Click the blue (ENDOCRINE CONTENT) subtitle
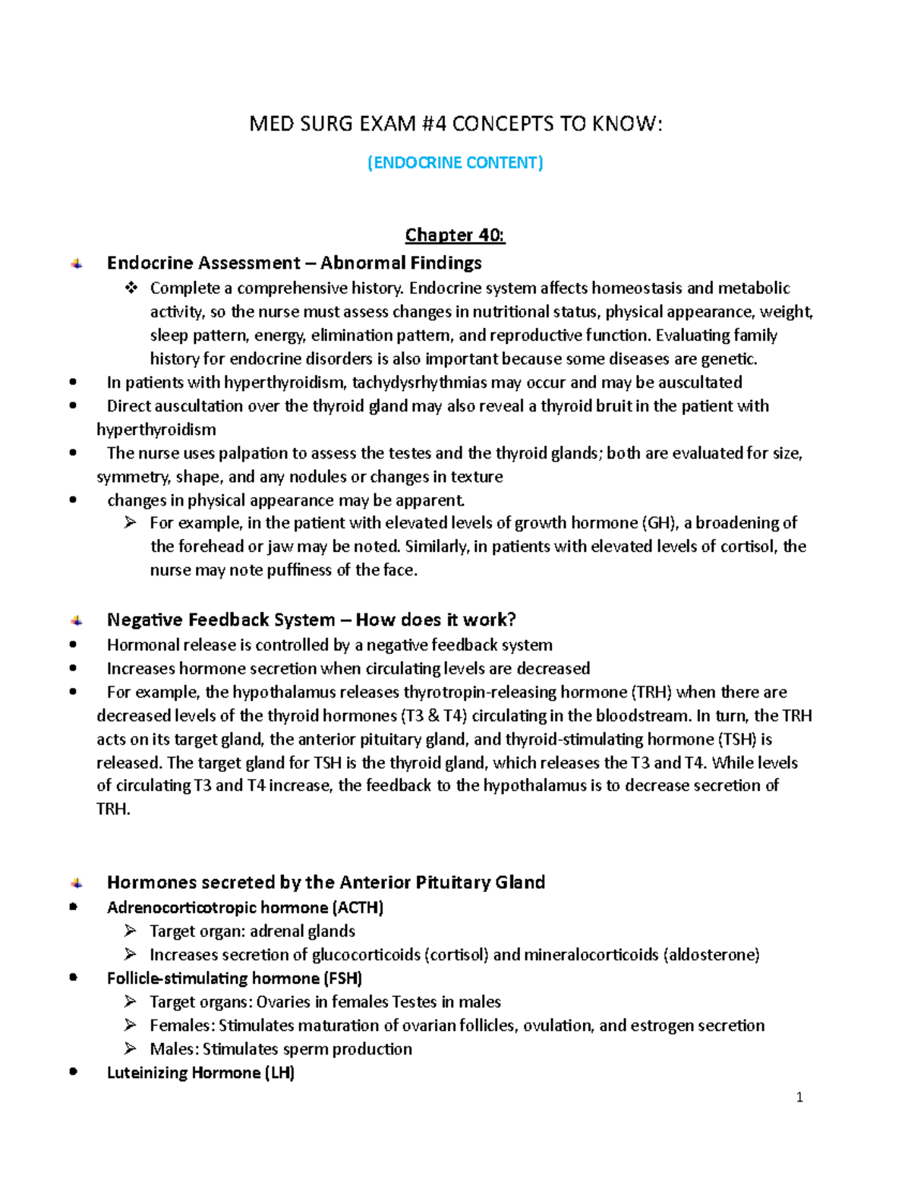pyautogui.click(x=455, y=162)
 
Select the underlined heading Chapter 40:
pyautogui.click(x=455, y=235)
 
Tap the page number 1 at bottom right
pyautogui.click(x=799, y=1096)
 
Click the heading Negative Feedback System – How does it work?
pyautogui.click(x=311, y=619)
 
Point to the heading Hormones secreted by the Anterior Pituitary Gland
pyautogui.click(x=326, y=882)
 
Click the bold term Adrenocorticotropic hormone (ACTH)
pyautogui.click(x=245, y=907)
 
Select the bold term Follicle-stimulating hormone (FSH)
pyautogui.click(x=235, y=978)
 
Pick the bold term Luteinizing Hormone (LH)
pyautogui.click(x=200, y=1072)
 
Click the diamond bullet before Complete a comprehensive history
pyautogui.click(x=131, y=288)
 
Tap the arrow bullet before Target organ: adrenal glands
pyautogui.click(x=131, y=931)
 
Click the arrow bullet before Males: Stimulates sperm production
pyautogui.click(x=131, y=1048)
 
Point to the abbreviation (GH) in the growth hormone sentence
pyautogui.click(x=659, y=522)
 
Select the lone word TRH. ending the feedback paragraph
pyautogui.click(x=113, y=809)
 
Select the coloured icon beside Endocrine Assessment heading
pyautogui.click(x=77, y=263)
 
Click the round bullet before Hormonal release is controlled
pyautogui.click(x=73, y=645)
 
